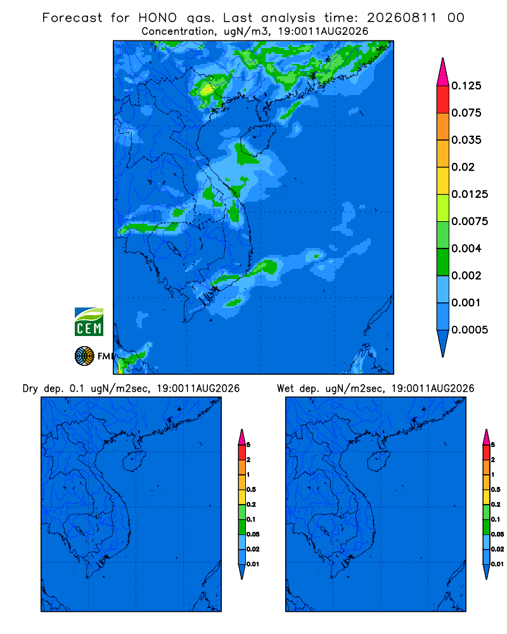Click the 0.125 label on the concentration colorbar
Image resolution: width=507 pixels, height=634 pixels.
point(466,86)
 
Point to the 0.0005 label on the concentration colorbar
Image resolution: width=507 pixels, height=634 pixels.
point(470,330)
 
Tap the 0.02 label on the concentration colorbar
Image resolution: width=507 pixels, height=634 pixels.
point(463,167)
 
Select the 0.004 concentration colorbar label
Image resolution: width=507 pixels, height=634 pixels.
point(466,249)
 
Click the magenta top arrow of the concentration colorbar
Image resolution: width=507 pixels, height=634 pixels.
point(443,73)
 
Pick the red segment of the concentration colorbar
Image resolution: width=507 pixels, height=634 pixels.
point(443,100)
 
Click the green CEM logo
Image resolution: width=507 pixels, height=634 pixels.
point(89,321)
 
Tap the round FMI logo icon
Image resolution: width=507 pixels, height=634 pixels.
point(84,356)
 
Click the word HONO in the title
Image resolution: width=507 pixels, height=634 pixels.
point(158,18)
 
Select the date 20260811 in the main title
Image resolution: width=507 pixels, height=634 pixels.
point(402,18)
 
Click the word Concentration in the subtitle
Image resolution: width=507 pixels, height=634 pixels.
point(177,32)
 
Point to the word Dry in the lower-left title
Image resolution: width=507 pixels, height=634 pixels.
point(30,389)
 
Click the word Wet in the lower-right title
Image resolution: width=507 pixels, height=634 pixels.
point(285,389)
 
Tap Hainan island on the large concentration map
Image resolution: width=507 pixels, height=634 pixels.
point(258,139)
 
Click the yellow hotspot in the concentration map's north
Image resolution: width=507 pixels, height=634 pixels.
point(207,89)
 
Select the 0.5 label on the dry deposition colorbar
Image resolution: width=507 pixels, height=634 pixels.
point(251,489)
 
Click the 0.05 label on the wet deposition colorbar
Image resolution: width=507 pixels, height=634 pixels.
point(497,534)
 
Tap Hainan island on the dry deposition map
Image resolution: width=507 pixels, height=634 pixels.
point(134,462)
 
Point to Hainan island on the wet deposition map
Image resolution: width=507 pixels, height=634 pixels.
point(379,462)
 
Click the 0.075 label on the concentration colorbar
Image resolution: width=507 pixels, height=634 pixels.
point(466,113)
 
